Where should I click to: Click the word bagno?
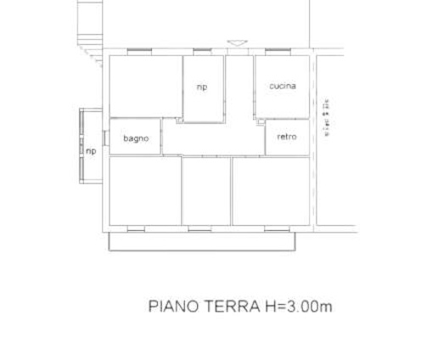coord(136,138)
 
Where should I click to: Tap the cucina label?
coord(283,86)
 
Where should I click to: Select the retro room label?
coord(287,137)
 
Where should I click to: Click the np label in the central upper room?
coord(202,87)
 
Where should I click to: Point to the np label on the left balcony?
coord(91,152)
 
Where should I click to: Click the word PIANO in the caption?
coord(173,306)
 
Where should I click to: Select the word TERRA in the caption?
coord(227,306)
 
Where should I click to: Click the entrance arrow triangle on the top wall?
coord(238,42)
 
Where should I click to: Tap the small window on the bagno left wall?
coord(106,137)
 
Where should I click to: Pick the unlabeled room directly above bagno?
coord(145,87)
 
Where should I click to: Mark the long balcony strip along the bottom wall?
coord(205,241)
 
